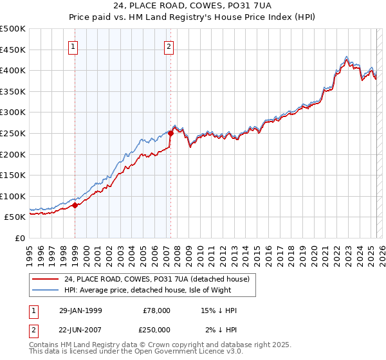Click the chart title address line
192,6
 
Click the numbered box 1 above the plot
73,46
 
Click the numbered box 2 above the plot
169,46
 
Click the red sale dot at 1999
75,206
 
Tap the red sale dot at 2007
170,134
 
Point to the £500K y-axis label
13,29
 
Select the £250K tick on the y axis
13,133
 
